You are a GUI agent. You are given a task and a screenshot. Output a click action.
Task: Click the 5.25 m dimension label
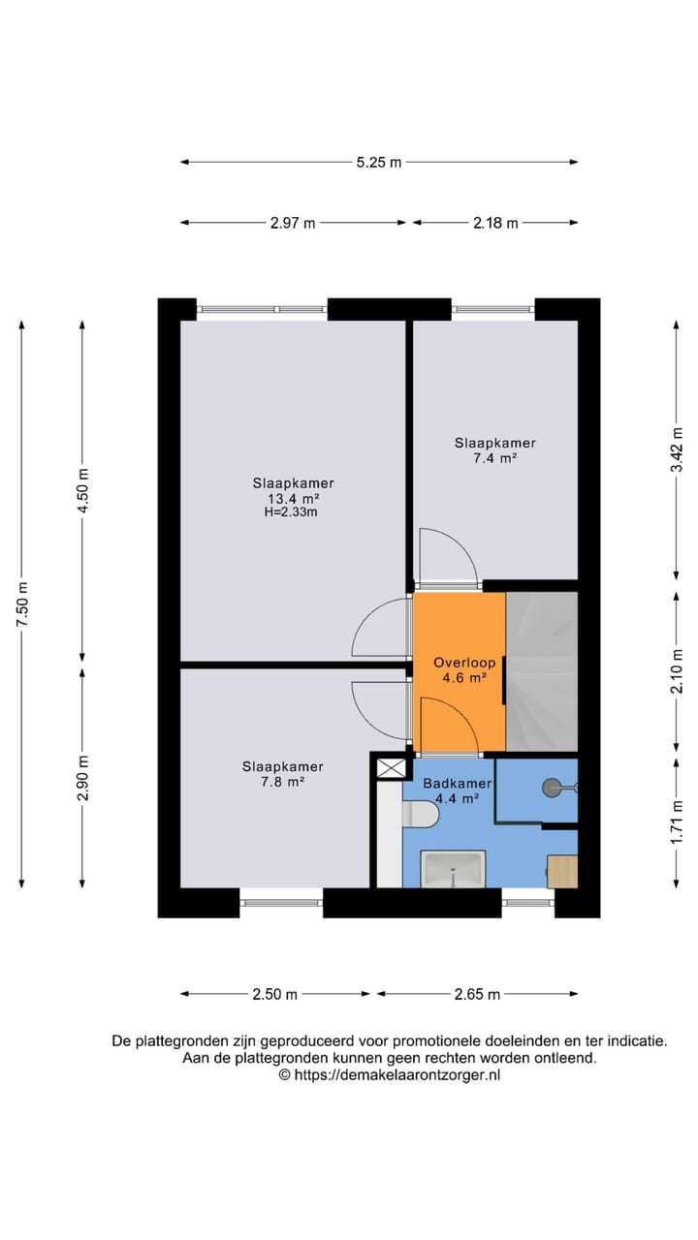point(378,163)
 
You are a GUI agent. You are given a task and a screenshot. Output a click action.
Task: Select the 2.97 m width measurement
point(293,223)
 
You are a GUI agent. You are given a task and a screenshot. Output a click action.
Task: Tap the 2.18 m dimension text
point(495,223)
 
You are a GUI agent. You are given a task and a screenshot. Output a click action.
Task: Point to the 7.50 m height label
point(21,604)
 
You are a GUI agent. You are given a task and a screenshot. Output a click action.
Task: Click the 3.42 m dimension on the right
point(677,449)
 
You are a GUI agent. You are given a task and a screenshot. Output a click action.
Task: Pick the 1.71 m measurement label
point(677,820)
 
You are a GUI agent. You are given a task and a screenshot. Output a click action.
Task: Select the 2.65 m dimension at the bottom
point(476,994)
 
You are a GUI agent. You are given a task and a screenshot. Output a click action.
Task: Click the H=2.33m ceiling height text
point(293,512)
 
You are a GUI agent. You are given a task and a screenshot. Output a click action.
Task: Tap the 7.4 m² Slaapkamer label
point(494,450)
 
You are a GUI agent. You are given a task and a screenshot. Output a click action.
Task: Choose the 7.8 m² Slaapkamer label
point(282,773)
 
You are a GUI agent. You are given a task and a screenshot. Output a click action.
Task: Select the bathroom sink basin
point(453,869)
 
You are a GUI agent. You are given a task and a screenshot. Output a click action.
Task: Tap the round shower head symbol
point(554,789)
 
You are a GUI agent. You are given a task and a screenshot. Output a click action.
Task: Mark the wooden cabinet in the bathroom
point(562,871)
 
